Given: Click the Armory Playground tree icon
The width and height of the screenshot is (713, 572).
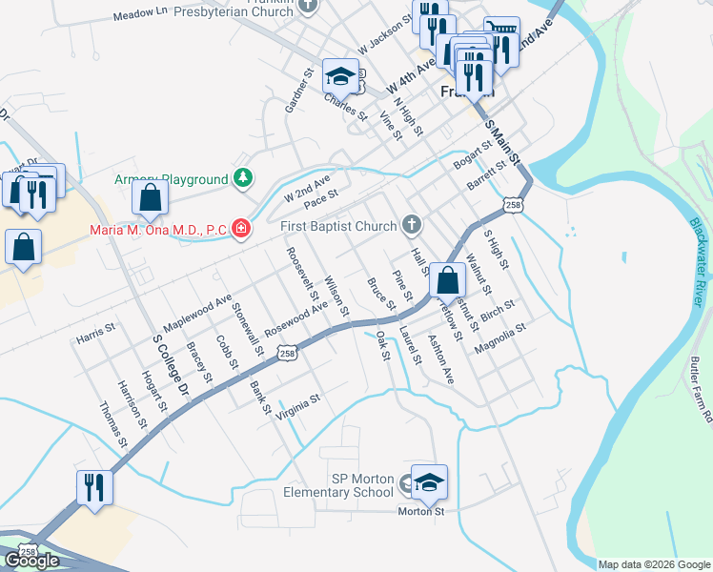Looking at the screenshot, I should (x=244, y=178).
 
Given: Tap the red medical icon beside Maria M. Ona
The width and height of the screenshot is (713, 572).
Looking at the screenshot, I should (x=240, y=228).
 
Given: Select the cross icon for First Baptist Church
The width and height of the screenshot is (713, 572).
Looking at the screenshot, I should (x=412, y=226).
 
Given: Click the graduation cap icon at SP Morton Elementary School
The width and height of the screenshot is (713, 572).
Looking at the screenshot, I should (x=430, y=483).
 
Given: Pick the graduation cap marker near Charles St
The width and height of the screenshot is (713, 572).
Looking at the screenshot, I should (x=340, y=75).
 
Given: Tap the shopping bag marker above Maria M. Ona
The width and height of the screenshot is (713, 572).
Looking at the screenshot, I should (x=151, y=198).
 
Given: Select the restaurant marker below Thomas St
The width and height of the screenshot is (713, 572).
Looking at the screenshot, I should (x=95, y=487).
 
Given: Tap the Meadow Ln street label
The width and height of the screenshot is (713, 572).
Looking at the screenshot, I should (x=139, y=16).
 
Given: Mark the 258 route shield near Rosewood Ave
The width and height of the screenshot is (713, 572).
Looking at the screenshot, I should (x=287, y=354).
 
